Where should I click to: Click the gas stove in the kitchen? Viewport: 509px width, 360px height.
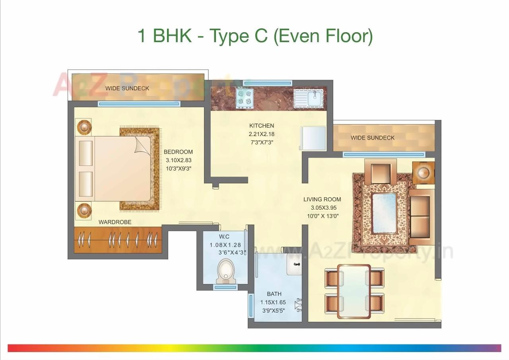click(x=245, y=97)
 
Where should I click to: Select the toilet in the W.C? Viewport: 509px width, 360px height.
click(x=226, y=271)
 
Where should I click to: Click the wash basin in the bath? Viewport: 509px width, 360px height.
click(x=294, y=264)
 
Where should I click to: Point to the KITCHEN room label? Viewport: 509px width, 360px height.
click(x=262, y=126)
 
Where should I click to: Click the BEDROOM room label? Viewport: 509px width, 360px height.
click(x=178, y=152)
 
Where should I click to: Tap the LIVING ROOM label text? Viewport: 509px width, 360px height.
click(x=322, y=199)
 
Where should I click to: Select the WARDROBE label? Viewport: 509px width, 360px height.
click(x=115, y=222)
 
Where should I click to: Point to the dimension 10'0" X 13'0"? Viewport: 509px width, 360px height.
click(x=322, y=216)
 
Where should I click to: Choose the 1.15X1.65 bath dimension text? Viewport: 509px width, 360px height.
click(x=273, y=302)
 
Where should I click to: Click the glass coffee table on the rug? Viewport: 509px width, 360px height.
click(x=384, y=213)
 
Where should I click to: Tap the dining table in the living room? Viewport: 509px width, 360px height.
click(x=354, y=291)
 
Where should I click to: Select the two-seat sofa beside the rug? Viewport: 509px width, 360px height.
click(x=421, y=217)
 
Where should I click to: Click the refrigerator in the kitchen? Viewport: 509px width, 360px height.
click(x=313, y=138)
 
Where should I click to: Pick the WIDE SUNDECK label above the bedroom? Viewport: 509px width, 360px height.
click(x=127, y=88)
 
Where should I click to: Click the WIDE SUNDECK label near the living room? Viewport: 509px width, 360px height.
click(x=373, y=138)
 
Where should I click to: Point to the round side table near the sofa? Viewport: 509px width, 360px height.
click(x=423, y=173)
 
